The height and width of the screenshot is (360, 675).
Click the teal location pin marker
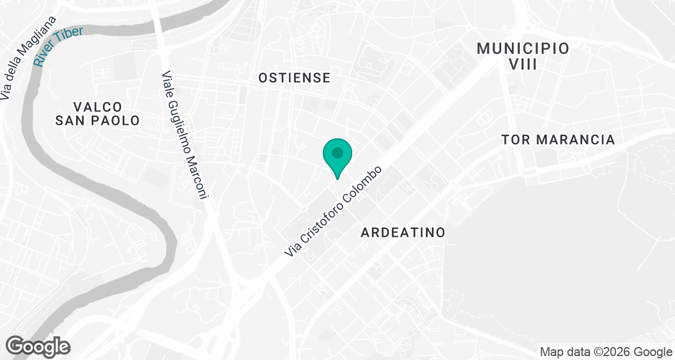[337, 157]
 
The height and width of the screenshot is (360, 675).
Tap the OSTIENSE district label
[294, 78]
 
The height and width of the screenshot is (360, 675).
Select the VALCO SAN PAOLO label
[97, 114]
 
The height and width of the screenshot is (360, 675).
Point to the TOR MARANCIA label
[558, 139]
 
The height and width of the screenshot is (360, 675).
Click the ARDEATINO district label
[403, 232]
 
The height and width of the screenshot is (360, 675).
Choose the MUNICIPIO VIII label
[523, 56]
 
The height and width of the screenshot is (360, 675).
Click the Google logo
[38, 345]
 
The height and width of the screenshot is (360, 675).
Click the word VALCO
[97, 107]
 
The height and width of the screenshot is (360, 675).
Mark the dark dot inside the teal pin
[337, 152]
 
